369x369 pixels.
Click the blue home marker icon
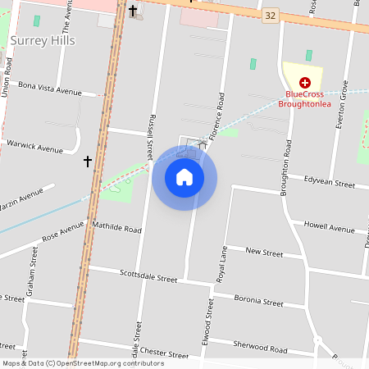coord(184,177)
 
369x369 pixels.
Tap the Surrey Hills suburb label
coord(43,40)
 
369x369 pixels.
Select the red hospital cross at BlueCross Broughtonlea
coord(305,82)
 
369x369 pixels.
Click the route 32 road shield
coord(271,16)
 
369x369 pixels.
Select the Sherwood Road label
coord(260,348)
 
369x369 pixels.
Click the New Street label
coord(264,253)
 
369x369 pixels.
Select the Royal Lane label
coord(221,264)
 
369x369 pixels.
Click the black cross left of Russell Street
coord(88,162)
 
